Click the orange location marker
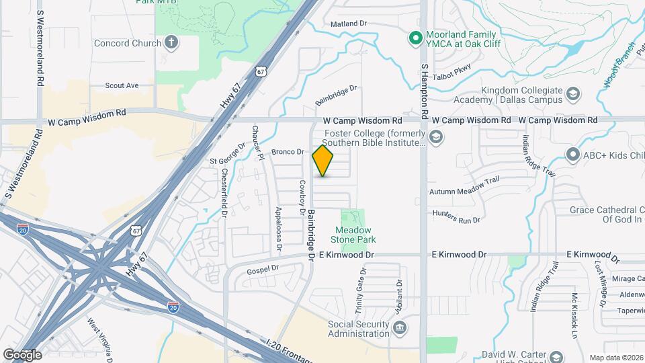point(323,160)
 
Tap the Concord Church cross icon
point(172,44)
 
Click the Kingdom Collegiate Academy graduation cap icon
point(573,93)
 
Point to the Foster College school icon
point(436,138)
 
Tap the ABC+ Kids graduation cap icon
point(573,155)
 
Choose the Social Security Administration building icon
point(400,328)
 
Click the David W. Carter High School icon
point(556,356)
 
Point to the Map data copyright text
point(615,358)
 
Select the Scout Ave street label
point(122,85)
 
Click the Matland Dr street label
point(349,24)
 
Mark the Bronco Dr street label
point(288,153)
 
